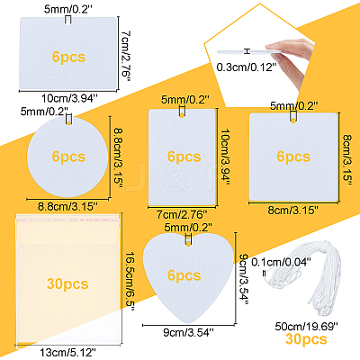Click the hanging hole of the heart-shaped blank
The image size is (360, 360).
coord(188,244)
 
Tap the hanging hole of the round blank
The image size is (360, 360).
coord(69,122)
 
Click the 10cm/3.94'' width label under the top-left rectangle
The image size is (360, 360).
coord(69,98)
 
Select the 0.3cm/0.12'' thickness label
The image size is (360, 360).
coord(246,67)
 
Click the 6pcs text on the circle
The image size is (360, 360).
coord(68,157)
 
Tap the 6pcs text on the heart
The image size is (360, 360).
coord(184,275)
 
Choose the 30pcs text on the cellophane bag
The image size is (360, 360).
coord(67,283)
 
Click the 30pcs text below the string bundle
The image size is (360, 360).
coord(306,338)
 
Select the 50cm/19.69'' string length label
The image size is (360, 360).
coord(307,326)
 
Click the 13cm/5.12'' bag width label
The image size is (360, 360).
coord(67,352)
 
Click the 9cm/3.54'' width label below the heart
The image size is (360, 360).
coord(188,332)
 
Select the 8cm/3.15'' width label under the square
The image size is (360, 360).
coord(293,210)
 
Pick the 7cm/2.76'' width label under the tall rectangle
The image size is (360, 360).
coord(182,214)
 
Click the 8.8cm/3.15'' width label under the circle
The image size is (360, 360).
coord(67,206)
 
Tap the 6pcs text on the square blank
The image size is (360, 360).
coord(293,157)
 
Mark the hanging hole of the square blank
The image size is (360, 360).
coord(293,121)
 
